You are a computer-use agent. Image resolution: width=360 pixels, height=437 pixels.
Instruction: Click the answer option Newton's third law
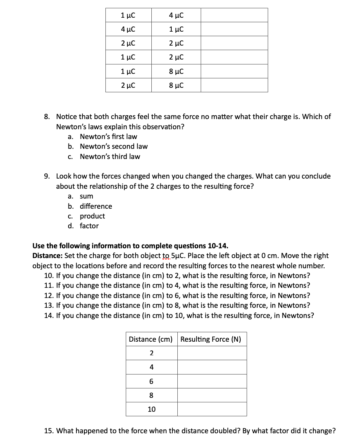[110, 156]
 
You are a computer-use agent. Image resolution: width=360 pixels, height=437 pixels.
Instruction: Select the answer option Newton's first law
[108, 136]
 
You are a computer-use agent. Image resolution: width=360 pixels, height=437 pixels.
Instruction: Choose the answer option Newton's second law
[113, 146]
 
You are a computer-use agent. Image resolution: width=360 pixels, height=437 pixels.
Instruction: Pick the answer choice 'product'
[92, 216]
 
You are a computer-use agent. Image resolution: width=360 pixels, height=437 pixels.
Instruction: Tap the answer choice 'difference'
[96, 206]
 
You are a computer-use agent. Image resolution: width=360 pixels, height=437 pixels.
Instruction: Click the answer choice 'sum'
[86, 196]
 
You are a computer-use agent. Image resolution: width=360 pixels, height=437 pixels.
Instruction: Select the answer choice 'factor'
[89, 226]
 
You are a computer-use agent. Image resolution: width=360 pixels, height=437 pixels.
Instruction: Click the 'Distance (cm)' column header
[151, 339]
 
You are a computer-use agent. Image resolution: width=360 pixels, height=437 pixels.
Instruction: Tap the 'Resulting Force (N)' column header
[211, 339]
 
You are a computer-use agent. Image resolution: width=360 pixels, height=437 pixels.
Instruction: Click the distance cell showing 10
[151, 409]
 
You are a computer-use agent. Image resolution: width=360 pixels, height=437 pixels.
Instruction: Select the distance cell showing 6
[151, 381]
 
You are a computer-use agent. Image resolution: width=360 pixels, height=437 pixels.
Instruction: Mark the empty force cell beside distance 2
[212, 353]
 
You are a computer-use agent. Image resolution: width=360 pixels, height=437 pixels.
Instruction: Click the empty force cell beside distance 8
[212, 395]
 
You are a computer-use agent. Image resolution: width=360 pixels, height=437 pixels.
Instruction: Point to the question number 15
[49, 431]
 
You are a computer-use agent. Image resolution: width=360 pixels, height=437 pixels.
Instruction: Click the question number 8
[47, 117]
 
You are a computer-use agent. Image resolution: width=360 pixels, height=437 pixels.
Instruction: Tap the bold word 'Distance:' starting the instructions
[47, 256]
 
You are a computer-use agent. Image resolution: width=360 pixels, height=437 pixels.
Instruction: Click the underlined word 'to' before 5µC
[166, 256]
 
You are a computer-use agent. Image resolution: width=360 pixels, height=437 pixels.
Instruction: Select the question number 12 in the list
[49, 295]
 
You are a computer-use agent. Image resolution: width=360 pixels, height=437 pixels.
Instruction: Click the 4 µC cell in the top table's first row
[176, 15]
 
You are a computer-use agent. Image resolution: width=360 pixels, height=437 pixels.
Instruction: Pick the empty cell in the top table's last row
[234, 85]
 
